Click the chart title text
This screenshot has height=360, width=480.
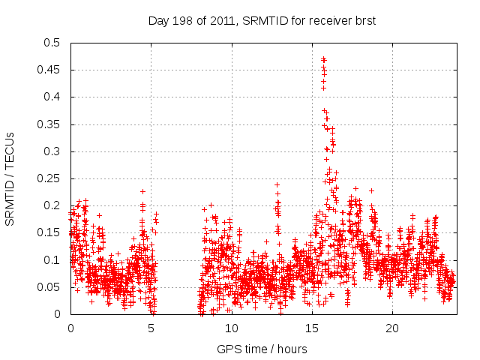[262, 21]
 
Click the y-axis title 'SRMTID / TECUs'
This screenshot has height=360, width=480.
[10, 178]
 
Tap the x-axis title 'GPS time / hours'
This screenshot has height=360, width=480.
[262, 349]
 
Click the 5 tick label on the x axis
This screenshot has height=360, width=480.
[151, 328]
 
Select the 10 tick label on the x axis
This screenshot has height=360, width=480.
[232, 328]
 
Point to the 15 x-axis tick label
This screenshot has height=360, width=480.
[312, 328]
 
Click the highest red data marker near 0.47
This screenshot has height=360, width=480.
[323, 59]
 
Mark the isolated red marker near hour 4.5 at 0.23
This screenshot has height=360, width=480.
[142, 191]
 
